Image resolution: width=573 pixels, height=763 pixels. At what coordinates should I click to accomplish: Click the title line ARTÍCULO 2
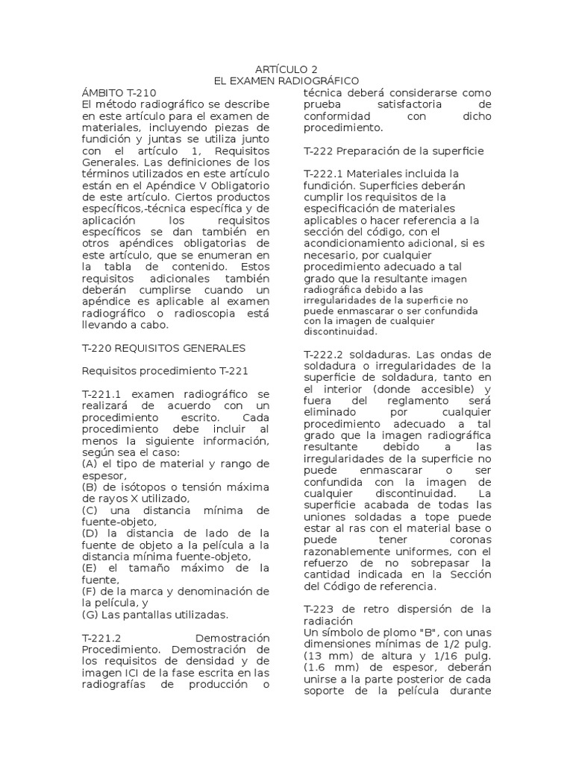click(x=286, y=69)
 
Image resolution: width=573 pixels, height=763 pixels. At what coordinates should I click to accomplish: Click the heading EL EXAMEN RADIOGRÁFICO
click(x=286, y=80)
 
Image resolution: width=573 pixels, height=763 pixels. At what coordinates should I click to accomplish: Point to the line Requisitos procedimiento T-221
click(x=163, y=371)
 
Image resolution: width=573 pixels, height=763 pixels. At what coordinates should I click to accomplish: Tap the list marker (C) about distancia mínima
click(x=91, y=510)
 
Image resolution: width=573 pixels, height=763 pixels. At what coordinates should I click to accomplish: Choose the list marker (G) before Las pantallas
click(x=91, y=615)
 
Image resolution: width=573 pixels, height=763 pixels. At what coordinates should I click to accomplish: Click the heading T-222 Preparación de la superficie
click(x=394, y=151)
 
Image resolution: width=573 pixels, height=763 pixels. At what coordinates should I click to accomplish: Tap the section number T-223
click(x=320, y=609)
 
